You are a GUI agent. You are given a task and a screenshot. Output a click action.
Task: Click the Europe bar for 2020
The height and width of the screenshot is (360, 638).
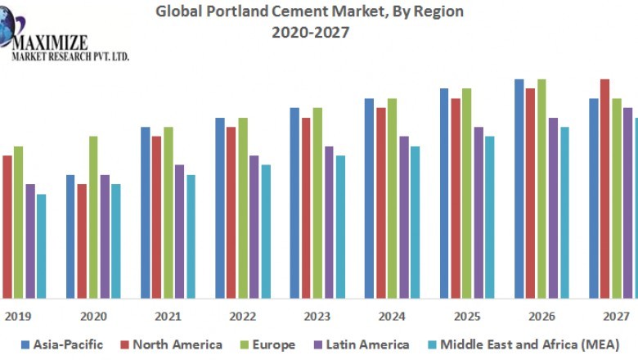pyautogui.click(x=93, y=217)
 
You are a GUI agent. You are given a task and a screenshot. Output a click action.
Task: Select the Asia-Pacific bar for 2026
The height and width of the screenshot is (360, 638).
pyautogui.click(x=519, y=188)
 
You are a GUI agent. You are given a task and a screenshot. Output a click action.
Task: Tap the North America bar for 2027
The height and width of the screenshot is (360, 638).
pyautogui.click(x=605, y=188)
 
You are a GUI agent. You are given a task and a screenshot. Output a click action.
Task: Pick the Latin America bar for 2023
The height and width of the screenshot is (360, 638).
pyautogui.click(x=329, y=222)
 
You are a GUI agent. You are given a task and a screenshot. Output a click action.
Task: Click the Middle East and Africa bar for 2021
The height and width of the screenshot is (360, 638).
pyautogui.click(x=191, y=236)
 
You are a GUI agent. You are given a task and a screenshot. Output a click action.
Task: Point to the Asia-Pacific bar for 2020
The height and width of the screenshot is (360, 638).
pyautogui.click(x=70, y=236)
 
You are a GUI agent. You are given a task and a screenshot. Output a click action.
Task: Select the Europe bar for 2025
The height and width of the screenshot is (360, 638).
pyautogui.click(x=466, y=193)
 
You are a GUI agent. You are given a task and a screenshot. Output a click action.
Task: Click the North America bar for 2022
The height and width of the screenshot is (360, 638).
pyautogui.click(x=231, y=212)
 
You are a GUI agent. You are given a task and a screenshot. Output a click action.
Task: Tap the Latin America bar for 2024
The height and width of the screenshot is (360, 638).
pyautogui.click(x=404, y=217)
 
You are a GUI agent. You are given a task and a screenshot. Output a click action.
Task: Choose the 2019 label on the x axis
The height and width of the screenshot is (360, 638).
pyautogui.click(x=18, y=316)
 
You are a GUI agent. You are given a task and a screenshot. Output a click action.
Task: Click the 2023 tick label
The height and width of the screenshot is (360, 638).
pyautogui.click(x=317, y=316)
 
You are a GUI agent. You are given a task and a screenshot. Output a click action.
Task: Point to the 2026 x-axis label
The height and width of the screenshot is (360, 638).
pyautogui.click(x=541, y=316)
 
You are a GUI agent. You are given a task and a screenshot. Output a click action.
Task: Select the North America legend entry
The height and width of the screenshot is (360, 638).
pyautogui.click(x=171, y=344)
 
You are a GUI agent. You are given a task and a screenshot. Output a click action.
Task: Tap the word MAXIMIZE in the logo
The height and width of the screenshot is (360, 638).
pyautogui.click(x=51, y=41)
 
